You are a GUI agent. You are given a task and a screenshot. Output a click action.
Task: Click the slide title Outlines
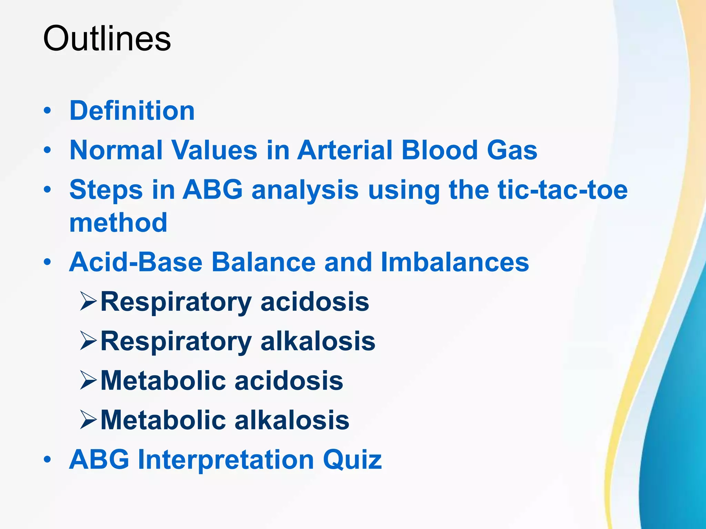107,38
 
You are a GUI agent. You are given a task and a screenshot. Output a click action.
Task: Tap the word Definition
132,111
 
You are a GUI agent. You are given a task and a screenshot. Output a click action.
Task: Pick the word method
118,223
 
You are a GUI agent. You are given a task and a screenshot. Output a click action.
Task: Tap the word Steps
106,190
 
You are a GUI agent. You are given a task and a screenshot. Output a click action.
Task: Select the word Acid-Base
135,262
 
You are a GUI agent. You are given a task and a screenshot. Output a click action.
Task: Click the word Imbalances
455,262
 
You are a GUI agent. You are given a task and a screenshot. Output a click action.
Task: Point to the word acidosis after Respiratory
314,302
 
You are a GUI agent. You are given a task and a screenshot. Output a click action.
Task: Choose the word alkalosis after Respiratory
317,341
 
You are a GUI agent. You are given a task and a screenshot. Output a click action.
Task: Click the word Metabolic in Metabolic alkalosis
163,420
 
